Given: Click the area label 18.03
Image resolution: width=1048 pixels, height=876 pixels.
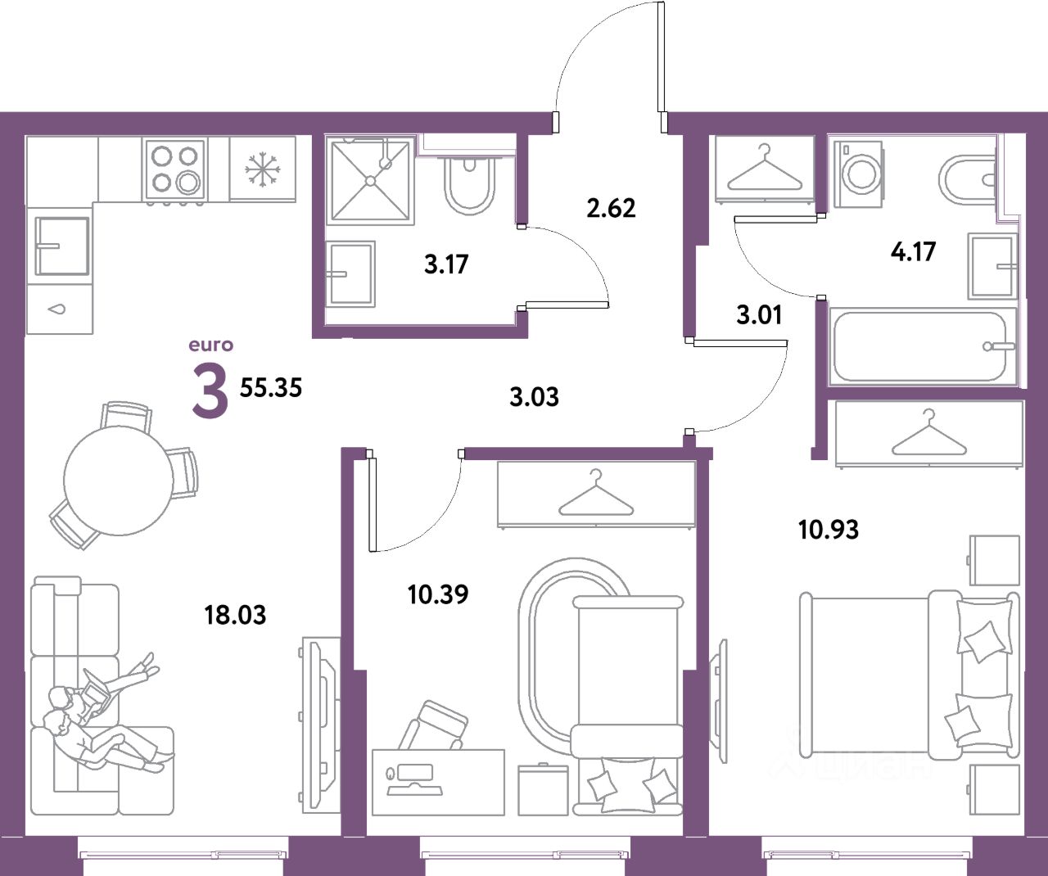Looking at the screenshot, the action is (235, 614).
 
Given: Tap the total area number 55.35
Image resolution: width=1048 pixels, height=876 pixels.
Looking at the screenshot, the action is (271, 387).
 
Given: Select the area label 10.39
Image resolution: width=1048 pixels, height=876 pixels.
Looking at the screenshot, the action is (438, 594).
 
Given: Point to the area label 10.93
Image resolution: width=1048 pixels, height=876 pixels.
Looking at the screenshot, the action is (829, 529).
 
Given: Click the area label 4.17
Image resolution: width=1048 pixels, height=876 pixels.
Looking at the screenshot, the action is (913, 251).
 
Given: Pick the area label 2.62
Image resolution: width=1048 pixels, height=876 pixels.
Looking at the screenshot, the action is (611, 208).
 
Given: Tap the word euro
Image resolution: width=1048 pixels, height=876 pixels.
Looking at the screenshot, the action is (211, 345).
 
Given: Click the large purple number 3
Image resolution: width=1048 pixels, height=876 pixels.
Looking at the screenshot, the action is (209, 391).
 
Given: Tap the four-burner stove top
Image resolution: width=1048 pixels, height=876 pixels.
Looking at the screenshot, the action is (174, 169).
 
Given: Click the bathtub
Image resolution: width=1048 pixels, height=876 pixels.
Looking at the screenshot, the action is (921, 345).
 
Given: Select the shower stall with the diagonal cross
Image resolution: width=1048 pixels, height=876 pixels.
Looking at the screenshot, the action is (369, 180).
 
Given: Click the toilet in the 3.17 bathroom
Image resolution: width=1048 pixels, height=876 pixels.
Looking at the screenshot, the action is (469, 185).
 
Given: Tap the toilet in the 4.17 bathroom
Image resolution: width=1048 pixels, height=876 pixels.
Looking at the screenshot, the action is (966, 178).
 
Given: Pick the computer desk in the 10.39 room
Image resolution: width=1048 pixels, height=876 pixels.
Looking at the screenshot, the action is (438, 781).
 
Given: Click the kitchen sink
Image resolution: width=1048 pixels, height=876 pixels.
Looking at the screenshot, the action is (59, 245).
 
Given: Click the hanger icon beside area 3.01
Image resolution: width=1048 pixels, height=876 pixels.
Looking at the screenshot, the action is (765, 169).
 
